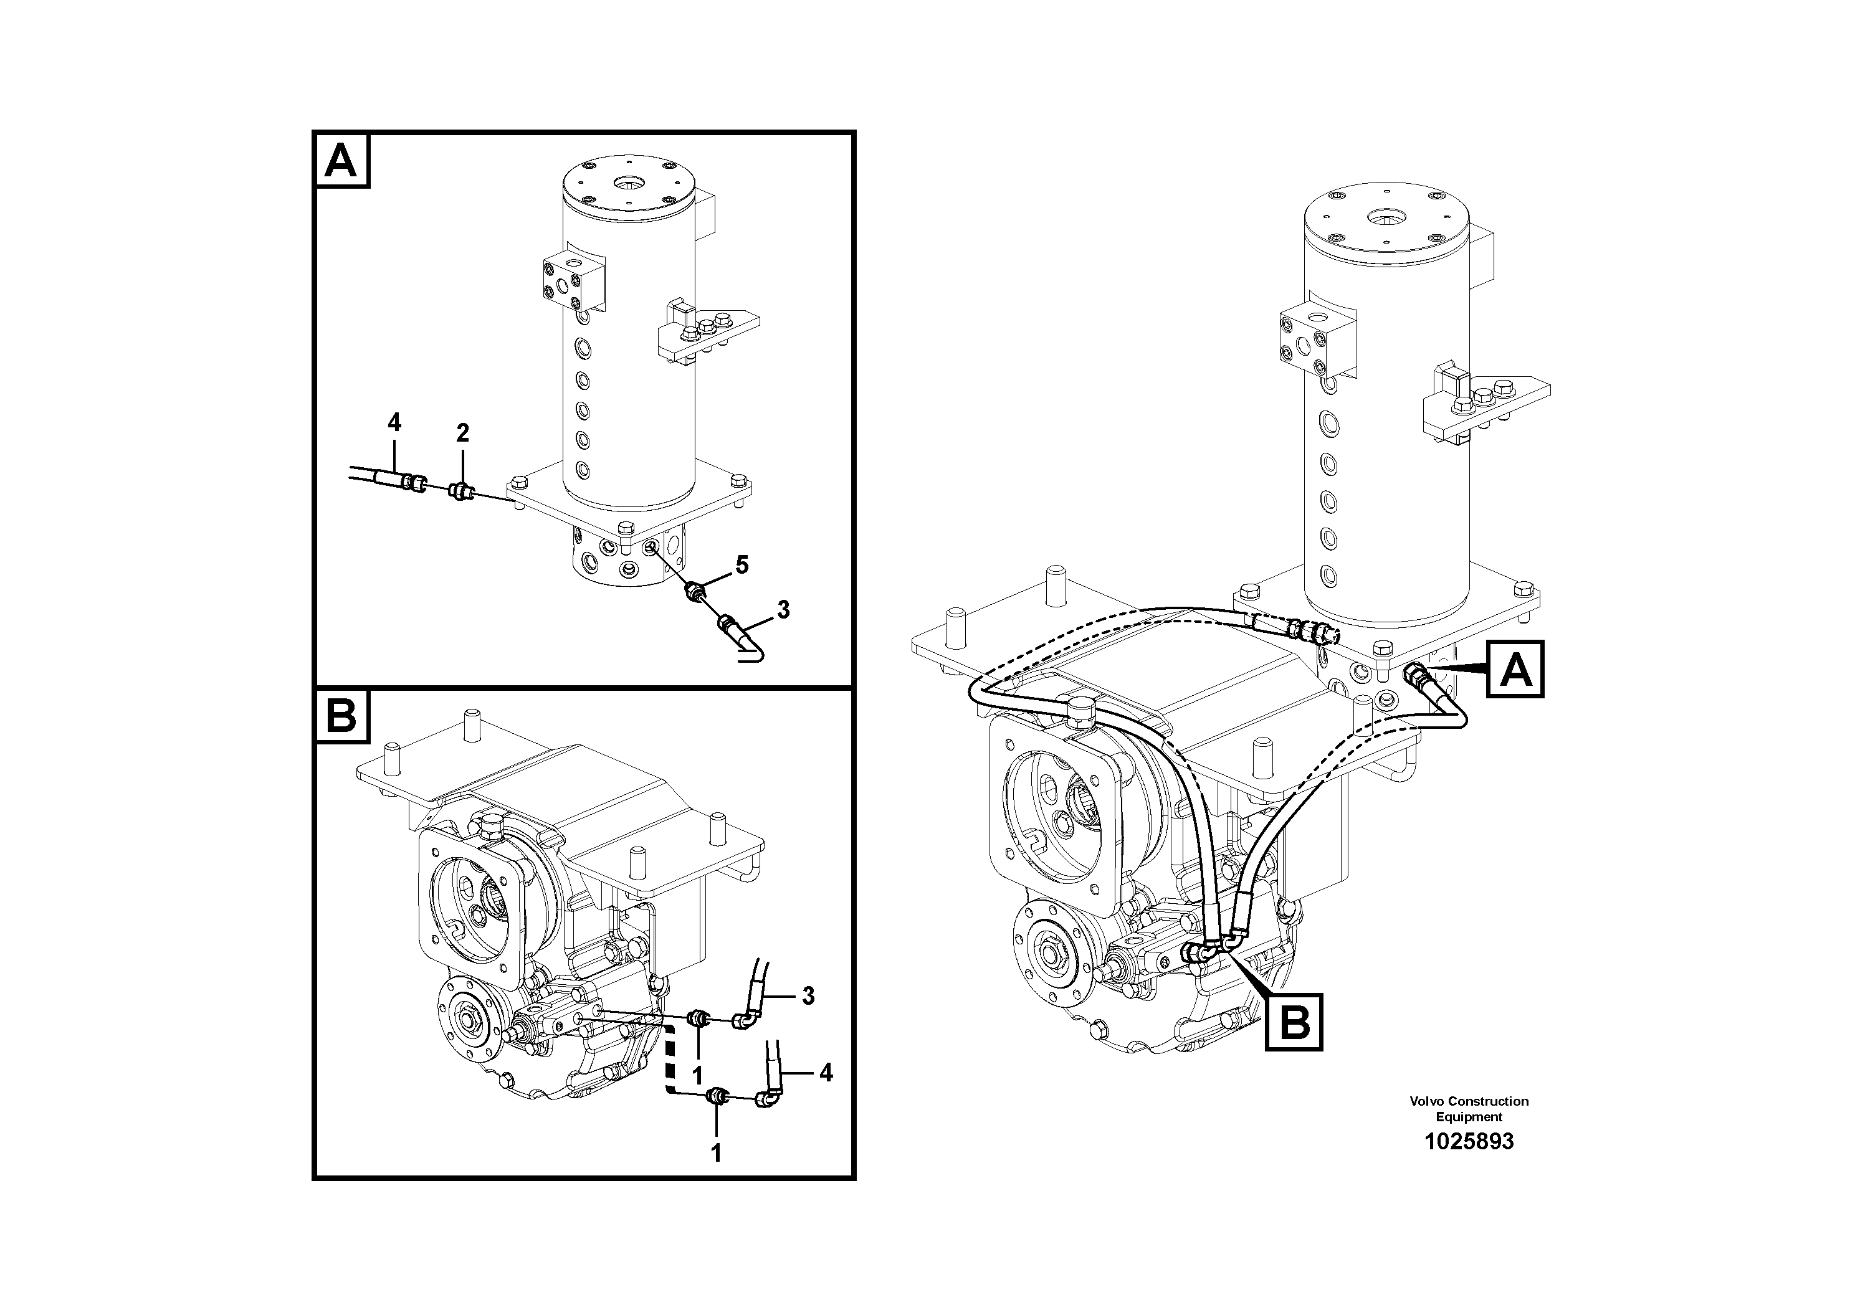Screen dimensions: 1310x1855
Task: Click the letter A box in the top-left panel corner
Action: click(x=341, y=161)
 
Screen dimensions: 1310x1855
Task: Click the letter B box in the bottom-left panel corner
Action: click(x=341, y=716)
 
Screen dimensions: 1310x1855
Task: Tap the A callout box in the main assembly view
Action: click(x=1515, y=669)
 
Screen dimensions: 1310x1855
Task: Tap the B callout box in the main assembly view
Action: click(x=1294, y=1022)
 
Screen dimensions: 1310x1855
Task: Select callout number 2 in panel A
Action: click(x=462, y=434)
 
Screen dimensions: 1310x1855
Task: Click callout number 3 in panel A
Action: click(x=782, y=610)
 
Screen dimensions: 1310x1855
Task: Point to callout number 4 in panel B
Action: click(x=825, y=1073)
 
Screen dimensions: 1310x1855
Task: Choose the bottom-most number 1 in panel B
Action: click(x=715, y=1153)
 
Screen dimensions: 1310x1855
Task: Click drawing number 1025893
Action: click(x=1468, y=1141)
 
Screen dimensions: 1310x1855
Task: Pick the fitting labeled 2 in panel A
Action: click(x=461, y=490)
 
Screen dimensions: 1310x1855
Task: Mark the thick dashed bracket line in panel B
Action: click(x=669, y=1060)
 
